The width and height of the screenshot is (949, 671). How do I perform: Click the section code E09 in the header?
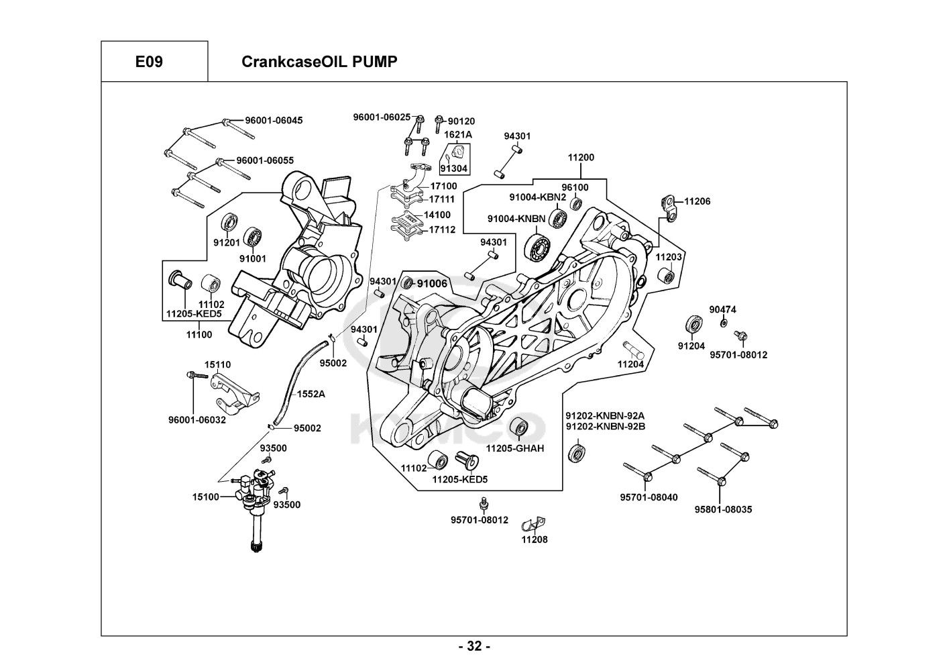pyautogui.click(x=148, y=62)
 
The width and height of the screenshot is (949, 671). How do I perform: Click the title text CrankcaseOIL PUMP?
pyautogui.click(x=319, y=62)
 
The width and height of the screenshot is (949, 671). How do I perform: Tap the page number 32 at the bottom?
pyautogui.click(x=474, y=647)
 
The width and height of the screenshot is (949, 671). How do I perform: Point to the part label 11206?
pyautogui.click(x=697, y=201)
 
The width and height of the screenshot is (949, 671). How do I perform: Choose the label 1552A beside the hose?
pyautogui.click(x=311, y=394)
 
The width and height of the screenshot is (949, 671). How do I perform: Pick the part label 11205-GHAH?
pyautogui.click(x=515, y=448)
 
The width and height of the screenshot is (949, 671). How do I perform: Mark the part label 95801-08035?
pyautogui.click(x=723, y=509)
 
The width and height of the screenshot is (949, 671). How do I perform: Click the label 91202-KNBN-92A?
pyautogui.click(x=605, y=415)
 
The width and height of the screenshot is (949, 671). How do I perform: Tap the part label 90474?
pyautogui.click(x=722, y=309)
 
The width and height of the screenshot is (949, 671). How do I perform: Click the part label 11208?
pyautogui.click(x=535, y=539)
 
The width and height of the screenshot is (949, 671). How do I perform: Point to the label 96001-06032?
pyautogui.click(x=197, y=420)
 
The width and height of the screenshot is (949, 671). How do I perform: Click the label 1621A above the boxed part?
pyautogui.click(x=459, y=134)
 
